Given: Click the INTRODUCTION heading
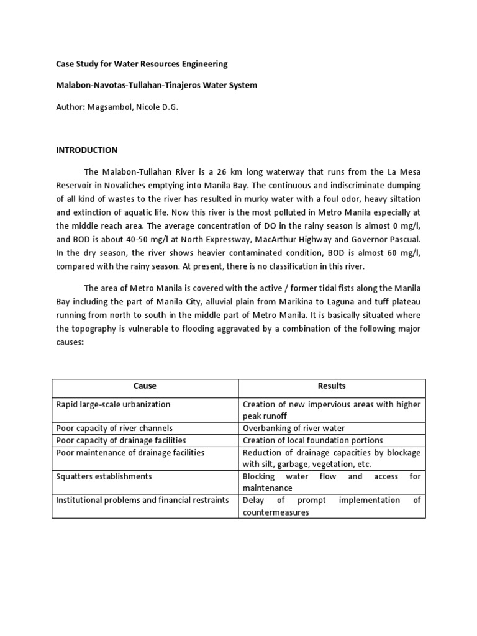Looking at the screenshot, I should click(x=86, y=150).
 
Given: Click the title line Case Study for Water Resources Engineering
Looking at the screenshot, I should click(x=142, y=64).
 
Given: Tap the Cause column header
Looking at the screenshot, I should click(x=145, y=386).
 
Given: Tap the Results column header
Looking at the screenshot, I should click(x=332, y=386).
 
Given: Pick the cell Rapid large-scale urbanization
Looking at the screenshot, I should click(x=113, y=404).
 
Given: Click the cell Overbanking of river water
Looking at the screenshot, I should click(x=293, y=429).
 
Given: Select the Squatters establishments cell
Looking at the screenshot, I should click(x=104, y=476).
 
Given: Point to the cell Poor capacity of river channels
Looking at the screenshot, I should click(x=114, y=429).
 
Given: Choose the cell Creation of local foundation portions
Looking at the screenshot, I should click(x=312, y=440).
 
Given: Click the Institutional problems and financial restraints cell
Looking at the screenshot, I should click(x=142, y=500).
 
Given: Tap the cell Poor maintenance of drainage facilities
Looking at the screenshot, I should click(x=130, y=452).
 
